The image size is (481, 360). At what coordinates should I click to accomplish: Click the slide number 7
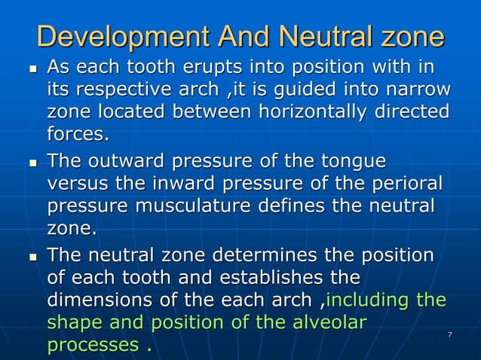[x=450, y=334]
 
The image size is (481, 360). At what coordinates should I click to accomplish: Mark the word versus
[x=77, y=184]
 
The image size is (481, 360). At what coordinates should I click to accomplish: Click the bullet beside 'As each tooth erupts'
[x=31, y=70]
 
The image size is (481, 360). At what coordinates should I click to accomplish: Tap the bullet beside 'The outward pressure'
[x=31, y=163]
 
